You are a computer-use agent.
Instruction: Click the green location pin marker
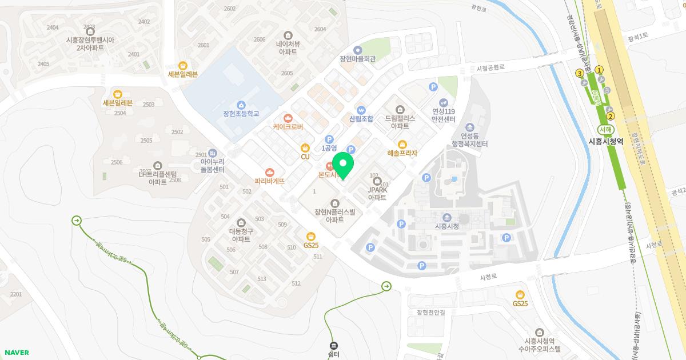(343, 165)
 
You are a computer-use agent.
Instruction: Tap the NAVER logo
(17, 353)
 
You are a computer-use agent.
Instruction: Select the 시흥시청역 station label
(605, 141)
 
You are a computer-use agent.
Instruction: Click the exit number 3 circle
(580, 73)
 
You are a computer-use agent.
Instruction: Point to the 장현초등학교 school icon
(241, 105)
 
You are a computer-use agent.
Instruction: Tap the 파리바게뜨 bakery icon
(269, 171)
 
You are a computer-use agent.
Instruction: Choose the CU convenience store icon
(305, 147)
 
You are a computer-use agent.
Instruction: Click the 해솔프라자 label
(402, 153)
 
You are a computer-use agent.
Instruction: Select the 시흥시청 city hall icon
(447, 217)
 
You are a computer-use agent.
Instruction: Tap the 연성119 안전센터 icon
(443, 102)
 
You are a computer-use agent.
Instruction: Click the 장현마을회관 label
(357, 59)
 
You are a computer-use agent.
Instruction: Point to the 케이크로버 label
(288, 127)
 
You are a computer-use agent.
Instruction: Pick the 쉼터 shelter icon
(334, 345)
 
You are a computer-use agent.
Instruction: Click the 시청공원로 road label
(490, 67)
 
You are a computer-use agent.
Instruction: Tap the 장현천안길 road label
(431, 312)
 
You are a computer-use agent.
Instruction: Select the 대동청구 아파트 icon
(241, 222)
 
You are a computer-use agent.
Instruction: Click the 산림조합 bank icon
(361, 110)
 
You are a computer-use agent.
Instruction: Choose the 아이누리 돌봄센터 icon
(212, 153)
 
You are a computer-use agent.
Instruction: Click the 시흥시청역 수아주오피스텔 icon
(539, 332)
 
